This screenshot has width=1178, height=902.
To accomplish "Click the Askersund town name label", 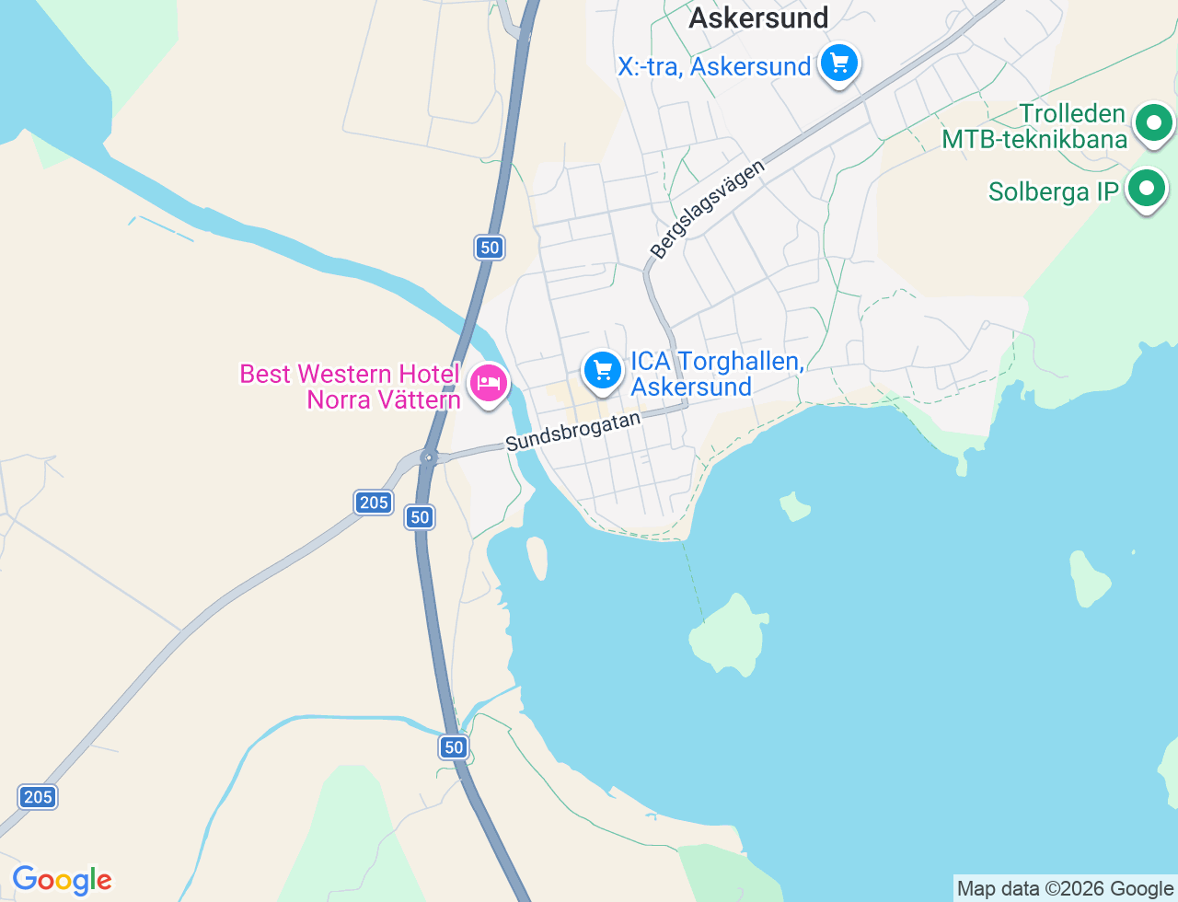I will click(758, 17).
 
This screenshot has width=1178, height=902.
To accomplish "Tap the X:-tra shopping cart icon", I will click(839, 64).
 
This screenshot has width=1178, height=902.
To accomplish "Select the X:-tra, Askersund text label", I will click(714, 66).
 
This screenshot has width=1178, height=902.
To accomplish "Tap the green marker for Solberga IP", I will click(1147, 189).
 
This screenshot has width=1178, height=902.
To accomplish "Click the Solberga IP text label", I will click(1053, 191).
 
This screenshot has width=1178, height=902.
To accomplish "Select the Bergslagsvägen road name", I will click(707, 210).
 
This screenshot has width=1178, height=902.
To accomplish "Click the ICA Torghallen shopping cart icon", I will click(603, 371).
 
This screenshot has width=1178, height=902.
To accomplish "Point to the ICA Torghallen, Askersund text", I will click(717, 374).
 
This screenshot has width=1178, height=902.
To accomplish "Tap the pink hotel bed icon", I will click(488, 382).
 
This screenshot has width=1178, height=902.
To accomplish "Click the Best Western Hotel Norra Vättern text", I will click(350, 387).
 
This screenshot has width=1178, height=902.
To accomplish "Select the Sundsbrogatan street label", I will click(572, 431).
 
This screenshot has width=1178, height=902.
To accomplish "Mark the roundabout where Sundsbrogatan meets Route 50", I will click(428, 457).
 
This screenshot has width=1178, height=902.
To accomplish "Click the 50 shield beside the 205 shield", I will click(421, 517).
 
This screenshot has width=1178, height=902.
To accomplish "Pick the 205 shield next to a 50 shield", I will click(374, 502).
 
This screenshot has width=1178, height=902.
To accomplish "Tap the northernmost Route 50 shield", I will click(490, 247).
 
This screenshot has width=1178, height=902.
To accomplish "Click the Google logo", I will click(62, 880).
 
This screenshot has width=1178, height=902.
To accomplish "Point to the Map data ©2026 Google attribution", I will click(1065, 888).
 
